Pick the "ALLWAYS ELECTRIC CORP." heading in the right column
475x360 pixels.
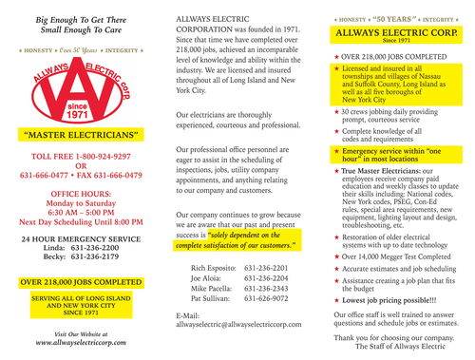(x=395, y=32)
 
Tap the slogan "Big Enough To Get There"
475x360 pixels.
(x=79, y=19)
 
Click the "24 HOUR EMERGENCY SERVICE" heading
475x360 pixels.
(x=78, y=237)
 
